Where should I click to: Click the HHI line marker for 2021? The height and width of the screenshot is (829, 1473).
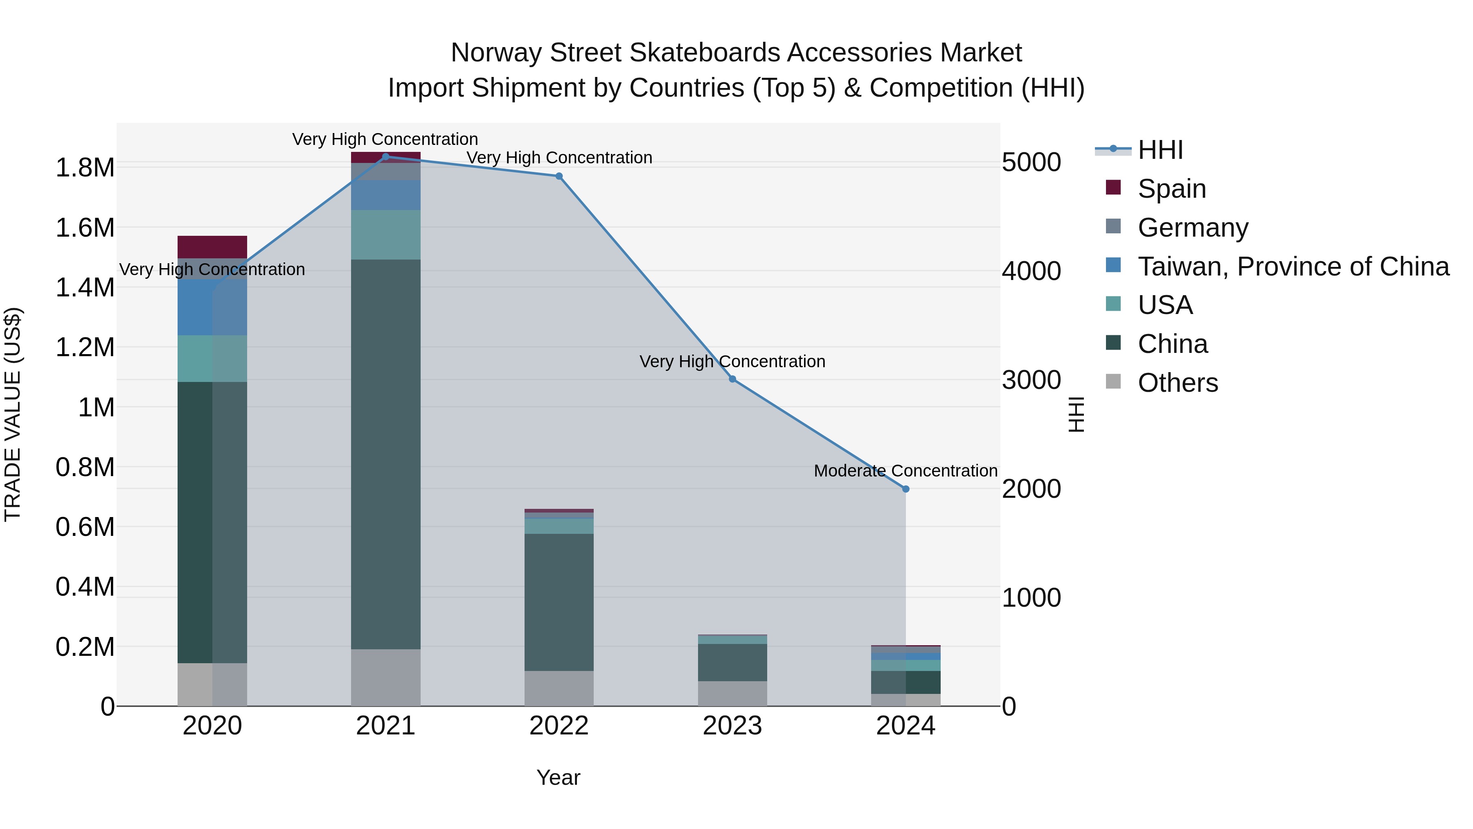point(385,157)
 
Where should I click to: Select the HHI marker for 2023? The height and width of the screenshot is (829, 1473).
point(732,379)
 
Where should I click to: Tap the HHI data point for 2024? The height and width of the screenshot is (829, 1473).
point(906,489)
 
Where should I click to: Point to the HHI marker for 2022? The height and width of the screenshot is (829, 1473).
point(559,176)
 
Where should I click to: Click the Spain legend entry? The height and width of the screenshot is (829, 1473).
point(1172,189)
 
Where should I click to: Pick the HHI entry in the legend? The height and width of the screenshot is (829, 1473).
point(1160,150)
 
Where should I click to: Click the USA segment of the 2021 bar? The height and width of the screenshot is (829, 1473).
point(385,235)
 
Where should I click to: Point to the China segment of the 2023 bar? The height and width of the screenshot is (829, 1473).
point(732,662)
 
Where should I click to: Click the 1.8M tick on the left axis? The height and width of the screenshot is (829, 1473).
point(85,167)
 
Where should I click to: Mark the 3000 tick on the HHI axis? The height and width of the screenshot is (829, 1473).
point(1031,380)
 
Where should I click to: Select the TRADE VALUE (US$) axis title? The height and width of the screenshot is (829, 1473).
point(13,414)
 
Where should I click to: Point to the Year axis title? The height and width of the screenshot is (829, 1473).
point(558,777)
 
